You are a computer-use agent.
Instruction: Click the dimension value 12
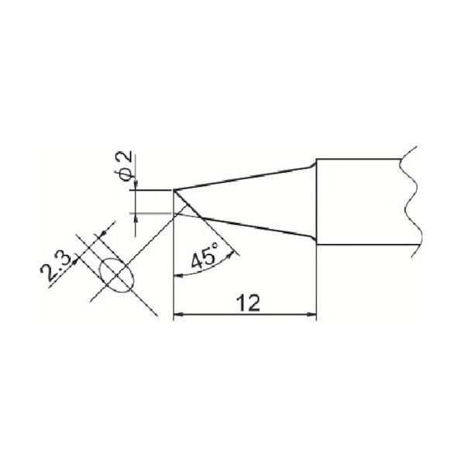point(248,303)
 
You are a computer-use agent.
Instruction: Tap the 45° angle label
point(205,256)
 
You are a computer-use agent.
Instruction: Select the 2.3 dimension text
point(55,267)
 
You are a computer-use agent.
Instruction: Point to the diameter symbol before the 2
point(126,175)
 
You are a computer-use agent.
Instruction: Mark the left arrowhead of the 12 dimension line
point(178,315)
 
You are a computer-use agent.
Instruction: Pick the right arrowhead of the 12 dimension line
point(312,315)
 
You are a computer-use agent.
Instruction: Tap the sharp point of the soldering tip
point(174,190)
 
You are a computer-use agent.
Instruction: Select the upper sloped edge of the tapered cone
point(243,178)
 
